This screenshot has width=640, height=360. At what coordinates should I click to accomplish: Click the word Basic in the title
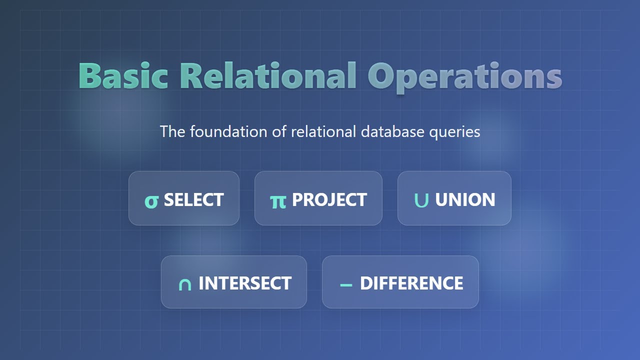point(123,75)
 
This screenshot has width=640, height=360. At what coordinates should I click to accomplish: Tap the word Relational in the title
point(267,75)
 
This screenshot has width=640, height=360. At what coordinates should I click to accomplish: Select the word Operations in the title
point(465,76)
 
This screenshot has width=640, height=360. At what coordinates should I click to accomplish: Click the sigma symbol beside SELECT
point(151,201)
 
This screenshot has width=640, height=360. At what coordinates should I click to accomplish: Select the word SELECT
point(193,200)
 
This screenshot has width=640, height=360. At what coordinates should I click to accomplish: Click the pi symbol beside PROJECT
point(278,201)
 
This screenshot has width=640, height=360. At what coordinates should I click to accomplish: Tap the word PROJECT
point(329,200)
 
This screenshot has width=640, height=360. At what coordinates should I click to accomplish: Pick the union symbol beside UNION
point(421,200)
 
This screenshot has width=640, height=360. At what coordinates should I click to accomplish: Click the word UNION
point(465,200)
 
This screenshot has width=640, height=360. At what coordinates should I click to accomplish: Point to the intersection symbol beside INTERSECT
point(185,284)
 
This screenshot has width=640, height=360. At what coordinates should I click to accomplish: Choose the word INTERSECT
point(245,283)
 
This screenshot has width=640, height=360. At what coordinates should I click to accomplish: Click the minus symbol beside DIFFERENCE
point(346,285)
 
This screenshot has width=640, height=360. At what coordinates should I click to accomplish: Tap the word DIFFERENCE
point(411,283)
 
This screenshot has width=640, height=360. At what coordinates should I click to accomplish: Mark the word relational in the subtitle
point(323,131)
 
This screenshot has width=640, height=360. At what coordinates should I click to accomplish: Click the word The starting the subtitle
point(172,131)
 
